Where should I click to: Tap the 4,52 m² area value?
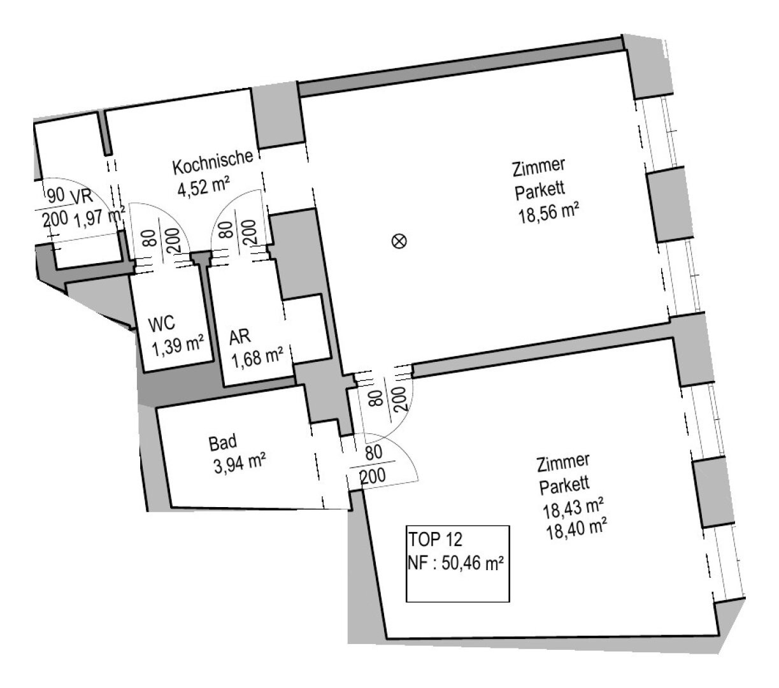(204, 186)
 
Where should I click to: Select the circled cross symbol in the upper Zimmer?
(399, 241)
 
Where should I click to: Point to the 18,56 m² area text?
(548, 213)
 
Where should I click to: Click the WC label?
(162, 324)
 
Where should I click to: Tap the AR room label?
(240, 338)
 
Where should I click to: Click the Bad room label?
(223, 443)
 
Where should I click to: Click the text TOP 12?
(435, 540)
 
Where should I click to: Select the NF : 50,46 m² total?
(455, 563)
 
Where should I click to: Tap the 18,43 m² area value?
(573, 508)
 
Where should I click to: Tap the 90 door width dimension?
(56, 195)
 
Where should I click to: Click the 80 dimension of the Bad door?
(374, 453)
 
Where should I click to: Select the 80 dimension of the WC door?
(150, 238)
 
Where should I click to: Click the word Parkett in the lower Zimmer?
(564, 485)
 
